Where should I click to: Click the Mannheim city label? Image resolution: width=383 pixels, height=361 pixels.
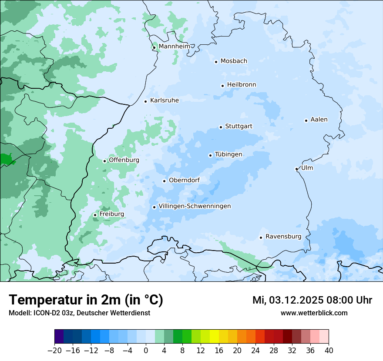pyautogui.click(x=175, y=47)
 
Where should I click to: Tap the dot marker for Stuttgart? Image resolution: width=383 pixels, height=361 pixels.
pyautogui.click(x=221, y=127)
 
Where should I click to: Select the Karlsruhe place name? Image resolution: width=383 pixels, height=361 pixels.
pyautogui.click(x=165, y=100)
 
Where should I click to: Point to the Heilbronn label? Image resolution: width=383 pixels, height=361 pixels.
pyautogui.click(x=242, y=85)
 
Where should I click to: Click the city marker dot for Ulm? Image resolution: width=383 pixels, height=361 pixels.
pyautogui.click(x=296, y=169)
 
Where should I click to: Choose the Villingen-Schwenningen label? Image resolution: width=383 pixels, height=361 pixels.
pyautogui.click(x=195, y=206)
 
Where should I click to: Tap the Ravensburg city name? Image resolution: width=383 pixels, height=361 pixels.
pyautogui.click(x=283, y=237)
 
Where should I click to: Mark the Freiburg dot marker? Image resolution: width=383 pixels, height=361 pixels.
pyautogui.click(x=95, y=215)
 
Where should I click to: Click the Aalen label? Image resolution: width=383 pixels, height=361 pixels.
pyautogui.click(x=319, y=120)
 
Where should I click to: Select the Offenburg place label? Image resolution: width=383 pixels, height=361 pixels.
pyautogui.click(x=124, y=160)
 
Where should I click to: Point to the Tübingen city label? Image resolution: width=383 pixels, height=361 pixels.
pyautogui.click(x=228, y=154)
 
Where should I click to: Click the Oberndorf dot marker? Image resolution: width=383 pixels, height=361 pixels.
pyautogui.click(x=164, y=181)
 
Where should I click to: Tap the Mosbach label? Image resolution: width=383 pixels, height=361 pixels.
pyautogui.click(x=234, y=61)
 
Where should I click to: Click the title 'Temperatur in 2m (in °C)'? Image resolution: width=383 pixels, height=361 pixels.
pyautogui.click(x=86, y=300)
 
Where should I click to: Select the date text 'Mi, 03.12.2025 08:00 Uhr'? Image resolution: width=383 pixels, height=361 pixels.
pyautogui.click(x=312, y=300)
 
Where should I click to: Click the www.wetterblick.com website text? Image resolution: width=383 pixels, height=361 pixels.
pyautogui.click(x=314, y=313)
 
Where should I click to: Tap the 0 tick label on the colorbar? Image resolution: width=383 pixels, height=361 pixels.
pyautogui.click(x=146, y=351)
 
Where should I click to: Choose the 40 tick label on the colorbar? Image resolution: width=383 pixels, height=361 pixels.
pyautogui.click(x=329, y=351)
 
